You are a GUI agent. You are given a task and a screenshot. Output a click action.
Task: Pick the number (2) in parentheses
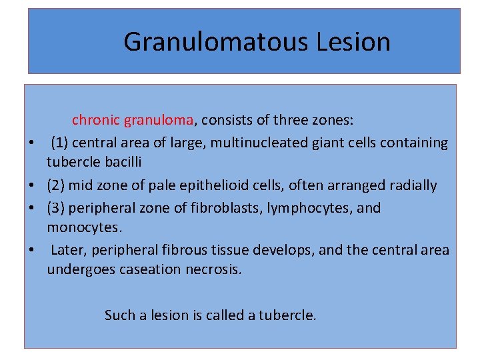(x=55, y=185)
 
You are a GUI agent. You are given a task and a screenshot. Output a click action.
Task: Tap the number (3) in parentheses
(x=55, y=207)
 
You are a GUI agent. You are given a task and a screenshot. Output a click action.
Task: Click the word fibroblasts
(x=225, y=207)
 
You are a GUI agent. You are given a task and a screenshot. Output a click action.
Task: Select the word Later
(x=68, y=250)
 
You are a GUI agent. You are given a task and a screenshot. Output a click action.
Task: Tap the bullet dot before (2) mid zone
(x=31, y=185)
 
